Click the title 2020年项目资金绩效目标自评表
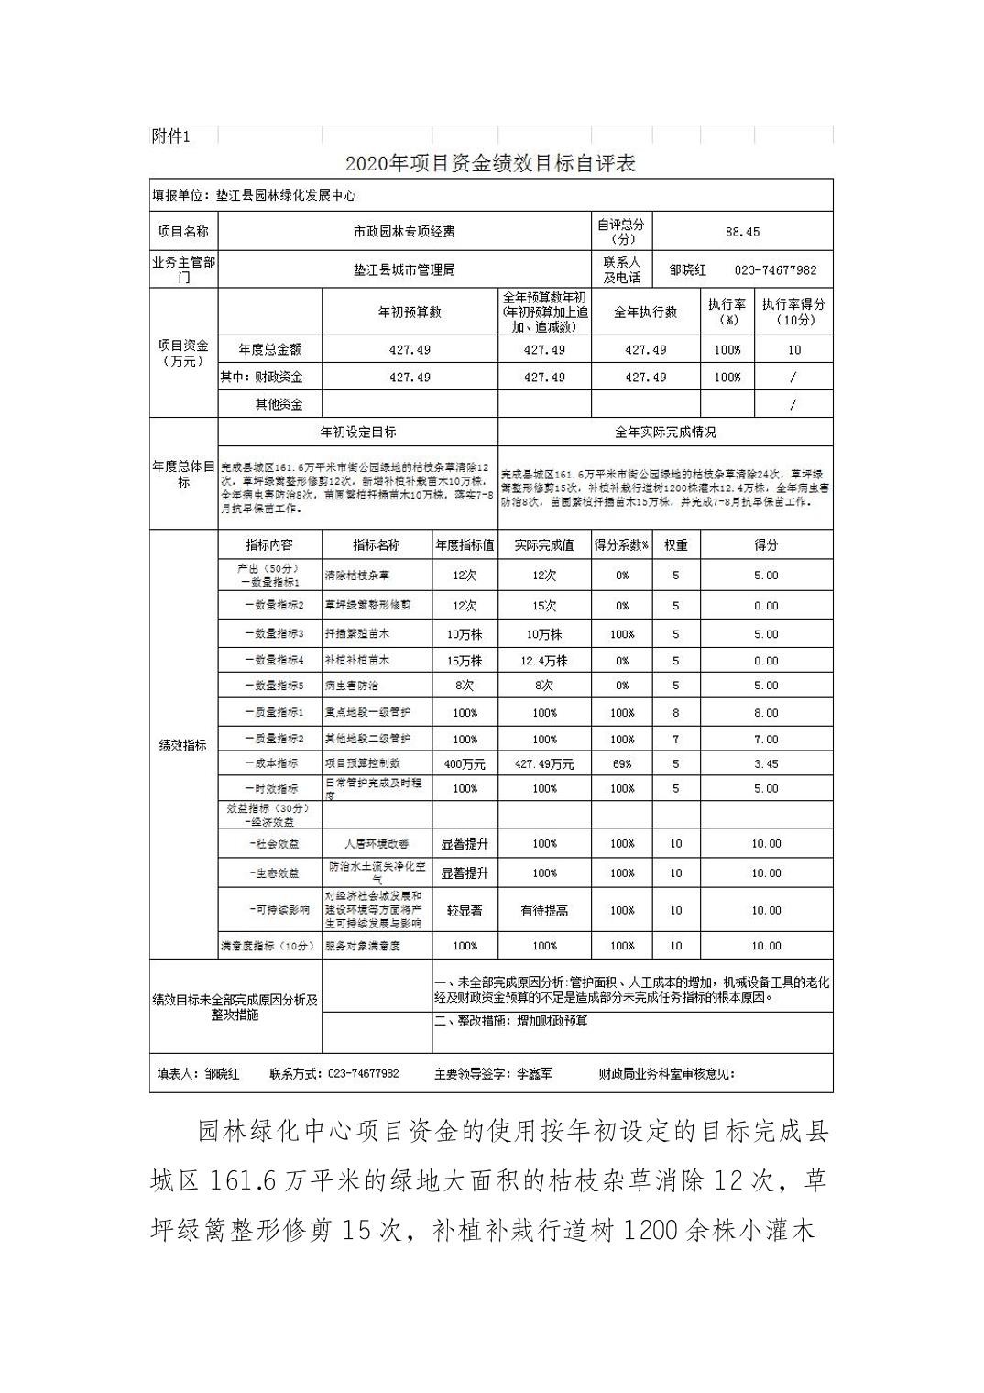(x=490, y=163)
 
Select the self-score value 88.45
(x=742, y=232)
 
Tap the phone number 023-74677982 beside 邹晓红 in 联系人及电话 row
(x=775, y=270)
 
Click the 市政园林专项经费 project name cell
(x=405, y=232)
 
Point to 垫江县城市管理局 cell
(x=405, y=270)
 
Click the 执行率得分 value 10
(x=793, y=350)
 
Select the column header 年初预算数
(x=410, y=313)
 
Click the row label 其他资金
(x=279, y=404)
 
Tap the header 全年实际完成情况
(x=665, y=432)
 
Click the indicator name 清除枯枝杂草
(x=357, y=576)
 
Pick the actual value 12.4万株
(x=544, y=661)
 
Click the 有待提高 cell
(x=544, y=911)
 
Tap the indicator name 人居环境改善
(x=377, y=844)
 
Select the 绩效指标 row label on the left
(x=182, y=746)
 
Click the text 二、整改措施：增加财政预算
(x=511, y=1021)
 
